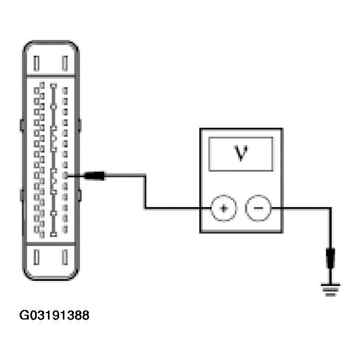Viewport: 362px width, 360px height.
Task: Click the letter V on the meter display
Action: tap(241, 153)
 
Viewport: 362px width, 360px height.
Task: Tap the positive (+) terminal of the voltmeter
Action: tap(224, 208)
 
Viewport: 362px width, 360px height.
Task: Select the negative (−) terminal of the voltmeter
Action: tap(258, 208)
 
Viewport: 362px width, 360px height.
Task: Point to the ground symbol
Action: tap(331, 290)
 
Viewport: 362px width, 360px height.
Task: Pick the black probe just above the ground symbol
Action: tap(331, 259)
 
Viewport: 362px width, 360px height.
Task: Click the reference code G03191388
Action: tap(54, 315)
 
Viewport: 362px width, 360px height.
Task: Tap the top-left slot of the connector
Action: tap(36, 63)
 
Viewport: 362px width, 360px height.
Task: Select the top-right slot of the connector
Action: tap(65, 63)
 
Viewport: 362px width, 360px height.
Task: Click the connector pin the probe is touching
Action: tap(65, 175)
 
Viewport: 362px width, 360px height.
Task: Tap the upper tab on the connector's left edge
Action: tap(21, 125)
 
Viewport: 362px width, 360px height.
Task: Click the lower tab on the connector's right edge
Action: tap(80, 195)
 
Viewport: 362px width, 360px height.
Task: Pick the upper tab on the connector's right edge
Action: tap(80, 125)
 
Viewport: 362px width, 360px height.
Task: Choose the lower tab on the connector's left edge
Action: tap(21, 195)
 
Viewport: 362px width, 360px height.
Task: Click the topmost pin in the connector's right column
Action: tap(65, 91)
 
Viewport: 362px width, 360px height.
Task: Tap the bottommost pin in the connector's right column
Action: tap(65, 231)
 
